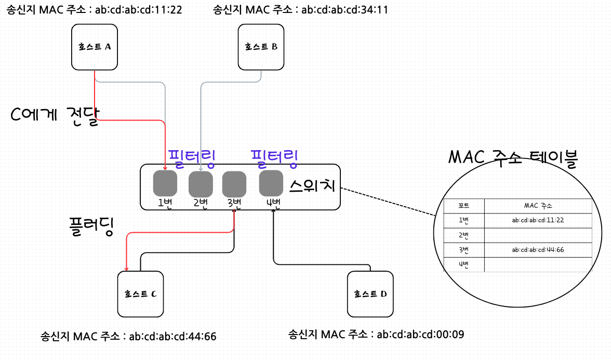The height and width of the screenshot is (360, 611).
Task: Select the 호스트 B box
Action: pos(261,46)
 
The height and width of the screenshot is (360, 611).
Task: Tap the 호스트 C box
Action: pos(140,294)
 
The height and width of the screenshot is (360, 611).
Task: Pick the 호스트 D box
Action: pos(370,294)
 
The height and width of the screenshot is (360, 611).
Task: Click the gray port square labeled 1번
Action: pos(165,183)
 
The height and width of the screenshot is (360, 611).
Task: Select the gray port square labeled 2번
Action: pos(201,183)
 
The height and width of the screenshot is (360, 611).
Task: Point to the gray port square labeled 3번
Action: pos(234,183)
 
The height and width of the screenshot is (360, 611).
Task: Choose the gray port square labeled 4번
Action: pos(271,182)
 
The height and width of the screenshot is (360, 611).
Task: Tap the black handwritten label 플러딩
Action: pos(91,226)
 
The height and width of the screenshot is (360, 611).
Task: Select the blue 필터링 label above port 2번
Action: pos(192,156)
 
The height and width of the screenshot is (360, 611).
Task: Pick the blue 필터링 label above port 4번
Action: pos(274,157)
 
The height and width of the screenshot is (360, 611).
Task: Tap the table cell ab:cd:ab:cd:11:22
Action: pos(538,220)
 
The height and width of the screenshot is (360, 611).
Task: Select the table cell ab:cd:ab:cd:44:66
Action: pos(538,249)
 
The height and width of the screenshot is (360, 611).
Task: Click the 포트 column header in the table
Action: pos(464,206)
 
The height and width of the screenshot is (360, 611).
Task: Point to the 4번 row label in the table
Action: pos(464,264)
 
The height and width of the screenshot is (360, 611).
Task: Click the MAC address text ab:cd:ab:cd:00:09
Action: pos(420,334)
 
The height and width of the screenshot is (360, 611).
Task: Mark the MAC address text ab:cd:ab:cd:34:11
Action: pos(344,10)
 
